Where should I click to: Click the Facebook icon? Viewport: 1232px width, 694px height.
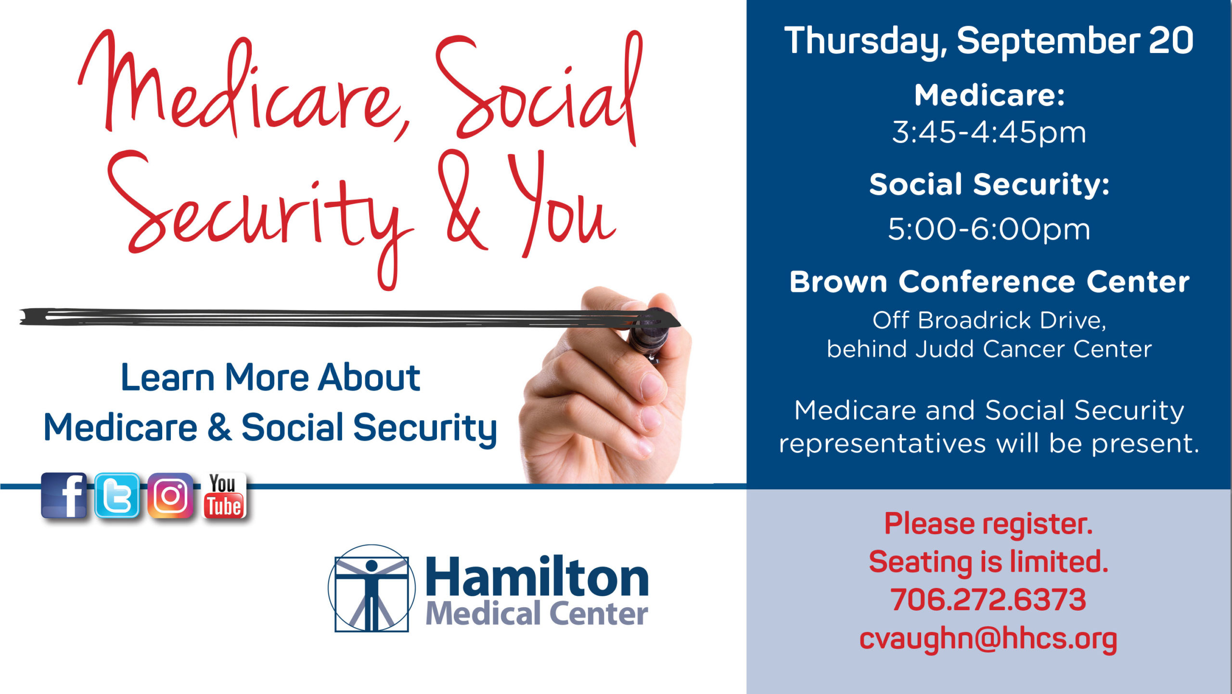(x=64, y=495)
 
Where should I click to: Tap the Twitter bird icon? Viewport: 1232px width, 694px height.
(x=117, y=495)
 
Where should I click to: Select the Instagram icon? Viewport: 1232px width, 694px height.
(x=170, y=495)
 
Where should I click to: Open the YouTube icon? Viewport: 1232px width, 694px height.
(x=224, y=495)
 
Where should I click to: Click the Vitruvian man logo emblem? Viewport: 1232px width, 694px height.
(x=372, y=588)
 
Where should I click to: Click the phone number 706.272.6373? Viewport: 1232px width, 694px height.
(x=988, y=600)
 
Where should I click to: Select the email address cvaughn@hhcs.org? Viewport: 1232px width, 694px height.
(x=988, y=639)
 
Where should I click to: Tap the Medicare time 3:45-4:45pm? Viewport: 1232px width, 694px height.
(x=989, y=132)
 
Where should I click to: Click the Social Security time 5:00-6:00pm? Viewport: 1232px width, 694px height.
(x=989, y=229)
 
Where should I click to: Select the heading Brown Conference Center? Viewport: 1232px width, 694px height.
(x=989, y=281)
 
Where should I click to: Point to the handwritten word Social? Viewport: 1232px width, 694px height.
(x=539, y=87)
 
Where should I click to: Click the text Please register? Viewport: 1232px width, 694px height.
(x=988, y=524)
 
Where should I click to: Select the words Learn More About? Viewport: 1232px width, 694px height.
(x=270, y=377)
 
